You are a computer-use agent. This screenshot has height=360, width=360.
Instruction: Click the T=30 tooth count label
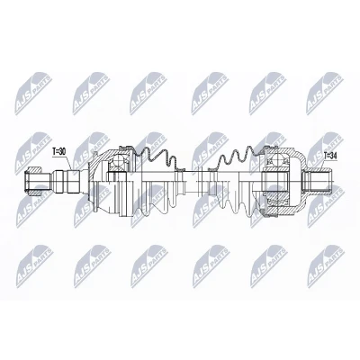click(58, 152)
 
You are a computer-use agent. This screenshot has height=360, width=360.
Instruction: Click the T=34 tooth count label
click(330, 156)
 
